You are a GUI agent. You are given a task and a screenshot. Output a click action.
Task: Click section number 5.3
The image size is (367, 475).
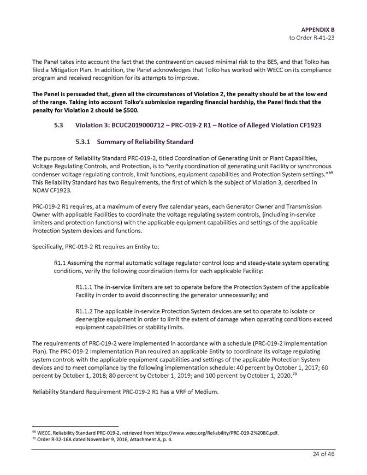click(x=60, y=126)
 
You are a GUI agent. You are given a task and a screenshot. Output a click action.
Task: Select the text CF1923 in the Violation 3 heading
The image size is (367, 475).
click(x=309, y=126)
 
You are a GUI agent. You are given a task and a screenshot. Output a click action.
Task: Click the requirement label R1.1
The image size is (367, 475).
click(x=61, y=263)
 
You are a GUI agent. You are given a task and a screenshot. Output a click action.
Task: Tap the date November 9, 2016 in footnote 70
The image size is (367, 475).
click(x=91, y=438)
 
